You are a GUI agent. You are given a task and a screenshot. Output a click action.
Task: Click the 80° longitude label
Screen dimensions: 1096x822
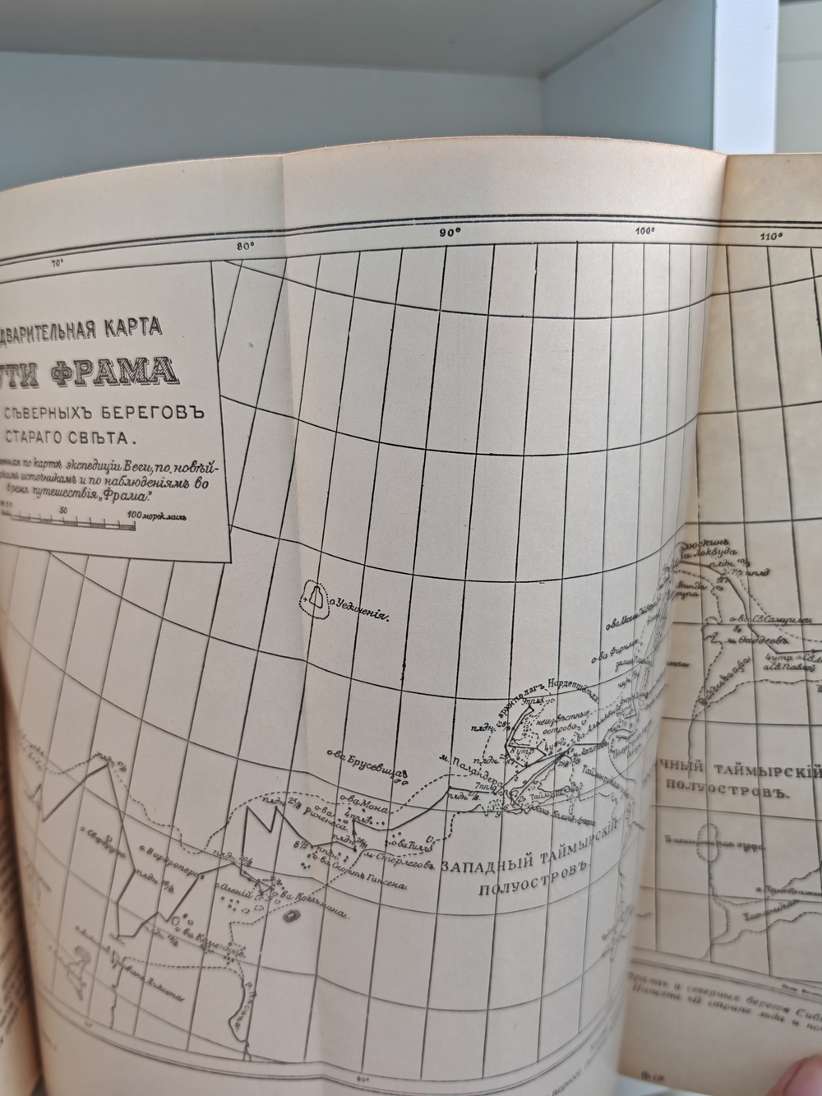coord(245,244)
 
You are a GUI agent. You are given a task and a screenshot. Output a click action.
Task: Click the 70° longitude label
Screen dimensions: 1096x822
coord(58,264)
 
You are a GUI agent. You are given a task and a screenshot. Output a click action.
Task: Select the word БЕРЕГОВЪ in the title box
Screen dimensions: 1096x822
coord(155,409)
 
